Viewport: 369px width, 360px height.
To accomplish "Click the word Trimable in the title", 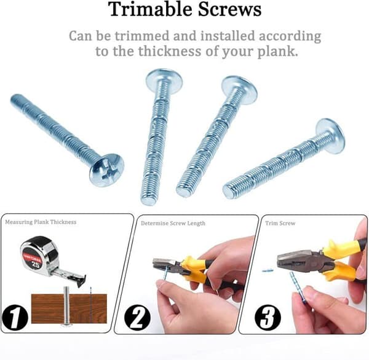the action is (151, 9).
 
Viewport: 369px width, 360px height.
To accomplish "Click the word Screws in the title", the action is (229, 9).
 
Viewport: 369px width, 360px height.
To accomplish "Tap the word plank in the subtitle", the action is (277, 52).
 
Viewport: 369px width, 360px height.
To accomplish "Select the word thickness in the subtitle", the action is (170, 51).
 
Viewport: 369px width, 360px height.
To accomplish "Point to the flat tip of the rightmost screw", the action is (229, 191).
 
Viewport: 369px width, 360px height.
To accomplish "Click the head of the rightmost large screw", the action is (331, 136).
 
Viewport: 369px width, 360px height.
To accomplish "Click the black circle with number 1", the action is (15, 318).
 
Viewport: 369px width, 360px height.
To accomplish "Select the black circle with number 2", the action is (137, 318).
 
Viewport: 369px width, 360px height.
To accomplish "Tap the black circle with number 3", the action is (268, 318).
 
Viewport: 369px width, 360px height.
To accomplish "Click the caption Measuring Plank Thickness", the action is (41, 222).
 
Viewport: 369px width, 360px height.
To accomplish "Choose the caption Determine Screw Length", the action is (173, 223).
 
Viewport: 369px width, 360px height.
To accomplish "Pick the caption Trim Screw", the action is (280, 223).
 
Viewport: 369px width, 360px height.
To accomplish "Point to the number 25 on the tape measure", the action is (36, 265).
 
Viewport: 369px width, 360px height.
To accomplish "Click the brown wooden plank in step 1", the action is (69, 309).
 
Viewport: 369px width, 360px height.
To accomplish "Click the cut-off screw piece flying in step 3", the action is (268, 271).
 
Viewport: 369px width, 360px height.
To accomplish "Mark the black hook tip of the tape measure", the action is (81, 281).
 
